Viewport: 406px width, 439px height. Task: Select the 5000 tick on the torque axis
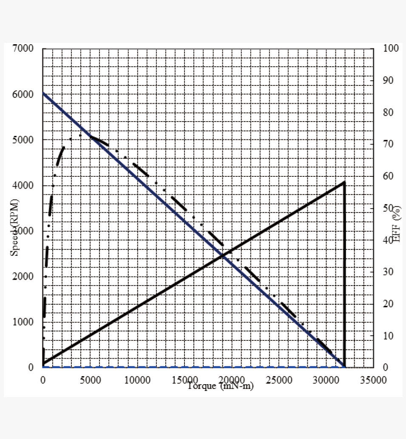(90, 380)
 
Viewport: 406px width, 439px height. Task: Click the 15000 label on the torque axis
(185, 380)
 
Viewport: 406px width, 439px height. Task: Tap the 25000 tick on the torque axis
(279, 380)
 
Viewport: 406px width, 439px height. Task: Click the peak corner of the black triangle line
(344, 182)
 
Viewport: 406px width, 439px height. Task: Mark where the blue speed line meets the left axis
(43, 93)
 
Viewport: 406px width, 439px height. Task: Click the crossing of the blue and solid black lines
(223, 255)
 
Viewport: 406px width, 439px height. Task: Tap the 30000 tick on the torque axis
(326, 380)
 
